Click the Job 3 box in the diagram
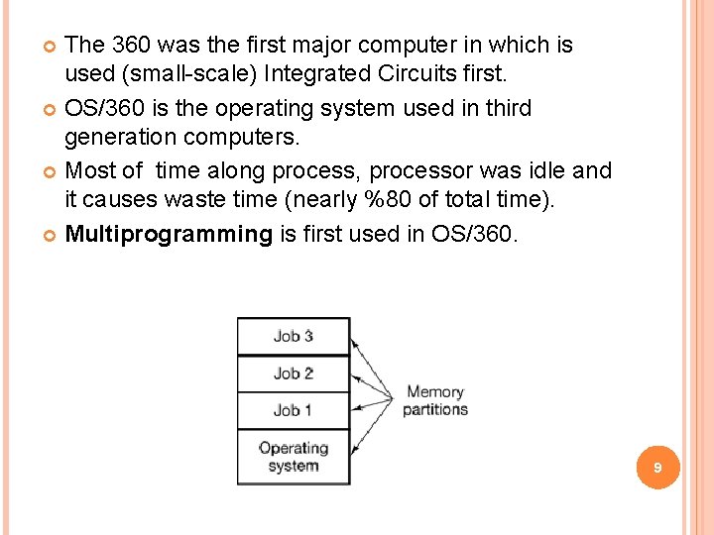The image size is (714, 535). click(x=293, y=336)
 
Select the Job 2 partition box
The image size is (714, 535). click(x=293, y=374)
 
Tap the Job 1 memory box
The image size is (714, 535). click(x=293, y=409)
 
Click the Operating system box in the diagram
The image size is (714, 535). click(x=293, y=457)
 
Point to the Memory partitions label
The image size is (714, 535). click(x=434, y=400)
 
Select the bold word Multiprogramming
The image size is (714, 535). click(x=168, y=234)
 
